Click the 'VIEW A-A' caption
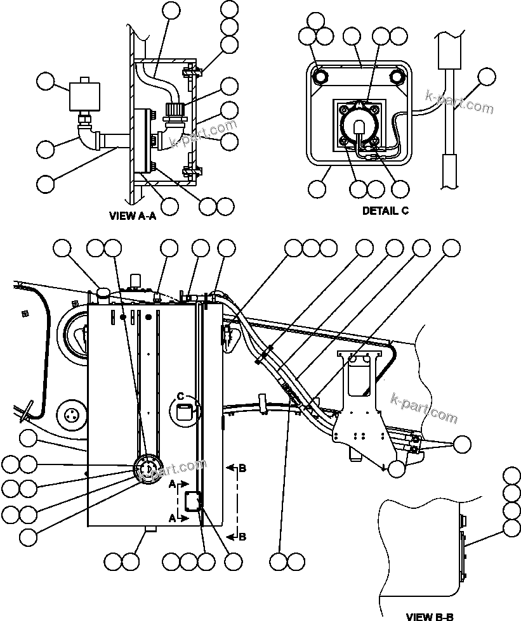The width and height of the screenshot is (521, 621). pyautogui.click(x=133, y=215)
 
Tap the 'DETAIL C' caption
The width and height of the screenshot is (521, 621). pyautogui.click(x=385, y=211)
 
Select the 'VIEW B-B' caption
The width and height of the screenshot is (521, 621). pyautogui.click(x=430, y=615)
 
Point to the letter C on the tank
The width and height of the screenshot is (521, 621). pyautogui.click(x=180, y=397)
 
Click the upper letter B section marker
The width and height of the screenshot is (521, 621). pyautogui.click(x=242, y=468)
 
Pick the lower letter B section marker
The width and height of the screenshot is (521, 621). pyautogui.click(x=242, y=537)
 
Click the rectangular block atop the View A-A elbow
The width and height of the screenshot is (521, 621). pyautogui.click(x=86, y=93)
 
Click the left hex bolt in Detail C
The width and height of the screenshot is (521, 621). pyautogui.click(x=321, y=77)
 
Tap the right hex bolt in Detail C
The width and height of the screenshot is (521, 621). pyautogui.click(x=398, y=77)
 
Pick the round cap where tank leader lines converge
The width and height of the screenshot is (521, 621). pyautogui.click(x=146, y=470)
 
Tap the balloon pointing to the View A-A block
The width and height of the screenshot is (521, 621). pyautogui.click(x=46, y=82)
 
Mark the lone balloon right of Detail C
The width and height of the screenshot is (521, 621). pyautogui.click(x=486, y=78)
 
